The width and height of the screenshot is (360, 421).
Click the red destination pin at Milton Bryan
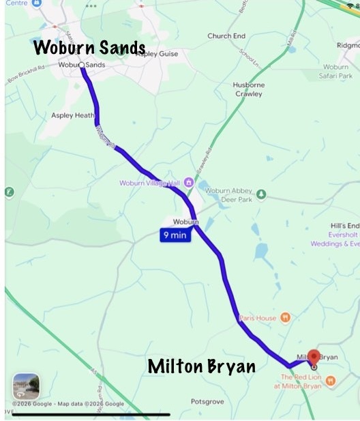pos(313,357)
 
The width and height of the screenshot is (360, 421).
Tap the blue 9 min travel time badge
pos(175,235)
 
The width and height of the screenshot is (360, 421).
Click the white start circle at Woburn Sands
pos(82,66)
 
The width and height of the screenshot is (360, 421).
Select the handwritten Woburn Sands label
pos(89,48)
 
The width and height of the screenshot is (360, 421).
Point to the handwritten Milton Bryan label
pos(202,367)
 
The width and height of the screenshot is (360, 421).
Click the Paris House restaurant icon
pos(286,317)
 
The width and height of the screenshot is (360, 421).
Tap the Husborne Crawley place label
pos(247,89)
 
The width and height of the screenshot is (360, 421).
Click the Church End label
pos(226,36)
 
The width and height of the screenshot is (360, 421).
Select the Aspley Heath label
pos(72,115)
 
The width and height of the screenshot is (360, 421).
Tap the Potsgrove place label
pos(207,401)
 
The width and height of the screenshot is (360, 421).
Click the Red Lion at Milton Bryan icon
pos(331,381)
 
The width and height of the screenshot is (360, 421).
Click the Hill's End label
pos(344,226)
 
